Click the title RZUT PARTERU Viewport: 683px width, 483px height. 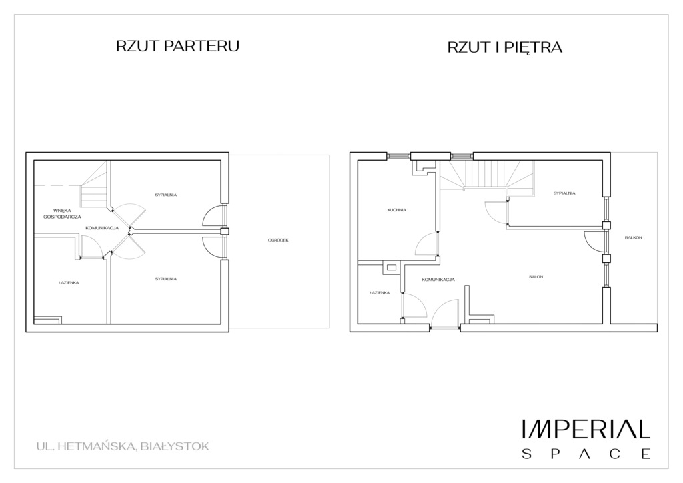pos(177,46)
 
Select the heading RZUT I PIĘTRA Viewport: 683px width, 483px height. pos(505,48)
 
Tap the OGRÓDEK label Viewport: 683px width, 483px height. pos(278,240)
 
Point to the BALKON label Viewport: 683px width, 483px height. pos(634,237)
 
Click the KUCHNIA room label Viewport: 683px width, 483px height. pos(396,210)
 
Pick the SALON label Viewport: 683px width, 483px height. pos(536,276)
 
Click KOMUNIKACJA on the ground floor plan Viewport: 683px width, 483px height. pos(102,228)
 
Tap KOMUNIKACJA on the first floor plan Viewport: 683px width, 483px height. pos(438,280)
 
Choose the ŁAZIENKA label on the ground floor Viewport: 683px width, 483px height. pos(69,282)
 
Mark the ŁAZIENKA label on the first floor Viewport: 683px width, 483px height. pos(379,292)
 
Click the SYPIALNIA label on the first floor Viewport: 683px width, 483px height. pos(564,193)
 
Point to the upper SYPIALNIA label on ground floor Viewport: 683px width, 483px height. pos(166,195)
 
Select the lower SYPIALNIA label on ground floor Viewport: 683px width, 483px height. pos(166,278)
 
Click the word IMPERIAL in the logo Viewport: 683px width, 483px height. pos(586,429)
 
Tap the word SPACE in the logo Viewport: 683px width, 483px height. pos(586,454)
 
